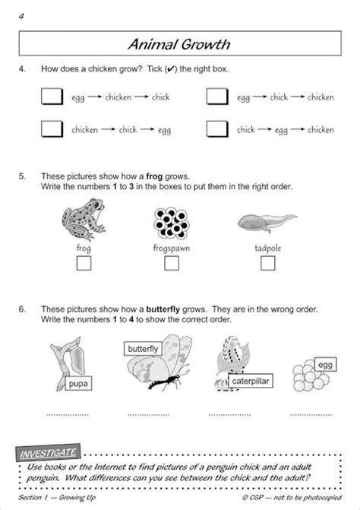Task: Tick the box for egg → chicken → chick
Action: click(51, 97)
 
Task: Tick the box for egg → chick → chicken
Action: click(216, 97)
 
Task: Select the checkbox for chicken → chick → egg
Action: click(51, 129)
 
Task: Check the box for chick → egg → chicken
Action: click(216, 129)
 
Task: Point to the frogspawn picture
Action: click(171, 221)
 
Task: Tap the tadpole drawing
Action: click(266, 223)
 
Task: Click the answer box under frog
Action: click(84, 263)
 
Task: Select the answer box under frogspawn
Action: click(172, 263)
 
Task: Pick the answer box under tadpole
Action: click(267, 263)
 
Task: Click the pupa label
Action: click(78, 384)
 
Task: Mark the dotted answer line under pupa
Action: click(68, 415)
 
